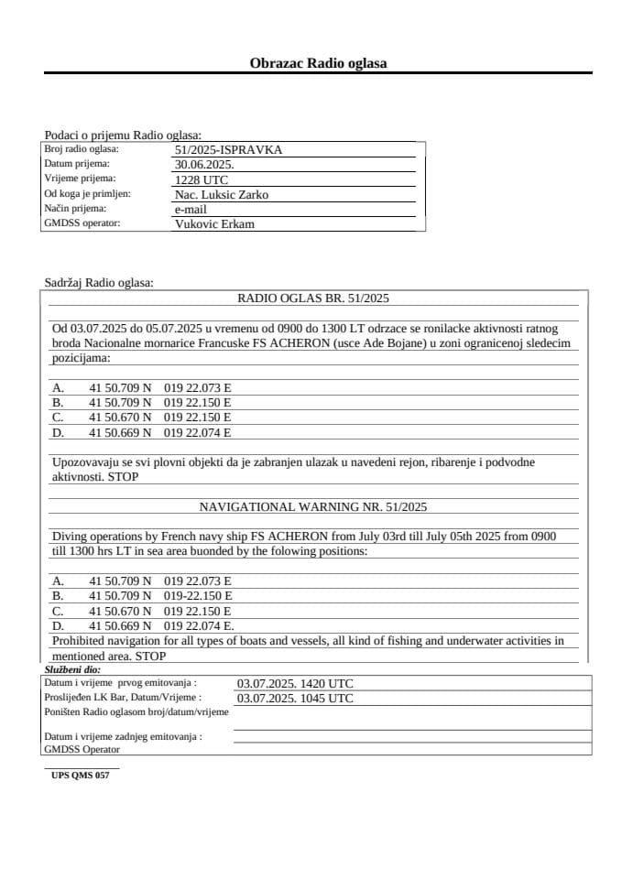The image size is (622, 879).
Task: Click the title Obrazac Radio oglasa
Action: [x=318, y=63]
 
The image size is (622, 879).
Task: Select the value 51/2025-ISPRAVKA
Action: [x=229, y=149]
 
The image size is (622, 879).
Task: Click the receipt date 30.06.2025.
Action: [x=203, y=165]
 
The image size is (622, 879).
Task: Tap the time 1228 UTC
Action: [x=201, y=179]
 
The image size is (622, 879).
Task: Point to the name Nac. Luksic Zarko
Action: [x=221, y=194]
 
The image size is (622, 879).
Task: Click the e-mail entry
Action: [x=191, y=209]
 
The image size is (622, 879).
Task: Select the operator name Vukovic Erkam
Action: [x=214, y=223]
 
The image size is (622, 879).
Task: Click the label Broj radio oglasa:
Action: [x=82, y=149]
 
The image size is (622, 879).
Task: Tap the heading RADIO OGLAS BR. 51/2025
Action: [x=313, y=298]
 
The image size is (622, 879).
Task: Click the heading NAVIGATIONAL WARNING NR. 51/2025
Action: [x=313, y=506]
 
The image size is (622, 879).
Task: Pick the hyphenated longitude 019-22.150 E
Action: [x=198, y=596]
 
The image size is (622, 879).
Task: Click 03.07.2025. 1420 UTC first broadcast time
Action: [x=295, y=683]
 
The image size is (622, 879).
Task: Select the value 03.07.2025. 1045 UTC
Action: [x=295, y=698]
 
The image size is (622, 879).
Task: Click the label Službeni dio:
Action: [x=72, y=670]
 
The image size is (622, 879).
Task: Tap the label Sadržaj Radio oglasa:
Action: [x=99, y=283]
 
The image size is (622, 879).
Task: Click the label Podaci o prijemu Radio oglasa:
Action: [x=123, y=135]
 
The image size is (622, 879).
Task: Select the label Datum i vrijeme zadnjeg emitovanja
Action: [x=123, y=736]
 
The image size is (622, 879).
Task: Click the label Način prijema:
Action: [x=75, y=209]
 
